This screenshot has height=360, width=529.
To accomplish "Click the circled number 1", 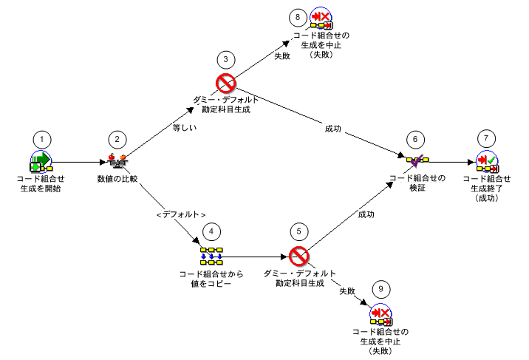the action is (x=42, y=140).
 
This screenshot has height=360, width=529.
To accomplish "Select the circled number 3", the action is (x=225, y=60).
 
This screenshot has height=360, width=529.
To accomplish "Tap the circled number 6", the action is (x=415, y=140).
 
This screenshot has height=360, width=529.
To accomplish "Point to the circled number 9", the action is (x=381, y=289).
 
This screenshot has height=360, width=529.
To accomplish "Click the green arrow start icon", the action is (x=41, y=162).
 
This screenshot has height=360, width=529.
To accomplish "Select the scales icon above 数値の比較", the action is (x=117, y=161).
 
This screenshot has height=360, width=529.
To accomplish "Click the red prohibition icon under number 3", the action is (x=225, y=83).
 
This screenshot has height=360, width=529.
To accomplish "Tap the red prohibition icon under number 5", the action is (x=299, y=256).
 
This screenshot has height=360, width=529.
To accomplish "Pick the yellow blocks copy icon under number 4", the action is (x=211, y=256).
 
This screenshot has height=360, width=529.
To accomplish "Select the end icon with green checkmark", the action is (x=487, y=162).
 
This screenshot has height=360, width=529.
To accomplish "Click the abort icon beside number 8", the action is (x=321, y=18).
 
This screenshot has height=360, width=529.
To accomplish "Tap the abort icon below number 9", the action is (x=381, y=315).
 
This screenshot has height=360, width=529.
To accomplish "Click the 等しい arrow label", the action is (x=185, y=128).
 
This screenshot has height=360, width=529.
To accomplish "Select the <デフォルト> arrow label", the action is (x=181, y=214).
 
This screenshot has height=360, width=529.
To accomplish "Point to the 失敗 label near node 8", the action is (x=282, y=55).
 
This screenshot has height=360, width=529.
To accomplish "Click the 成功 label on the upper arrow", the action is (x=333, y=129).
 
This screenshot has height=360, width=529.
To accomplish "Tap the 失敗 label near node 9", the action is (x=347, y=291).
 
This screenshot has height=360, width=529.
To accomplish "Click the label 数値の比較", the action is (x=117, y=179).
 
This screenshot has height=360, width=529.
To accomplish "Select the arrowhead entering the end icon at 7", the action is (x=471, y=163).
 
